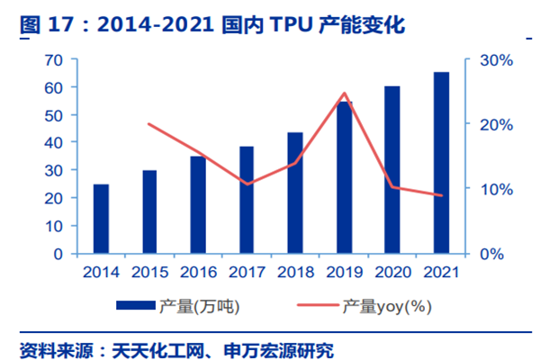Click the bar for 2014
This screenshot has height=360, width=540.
tap(101, 219)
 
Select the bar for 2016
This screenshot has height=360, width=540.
tap(198, 205)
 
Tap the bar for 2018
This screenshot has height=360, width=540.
tap(295, 193)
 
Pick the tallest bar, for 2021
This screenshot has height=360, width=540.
tap(441, 163)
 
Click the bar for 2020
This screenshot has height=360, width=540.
tap(392, 170)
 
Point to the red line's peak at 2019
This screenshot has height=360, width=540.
tap(344, 94)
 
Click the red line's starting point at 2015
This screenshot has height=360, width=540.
tap(149, 124)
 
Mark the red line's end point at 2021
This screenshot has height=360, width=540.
tap(441, 195)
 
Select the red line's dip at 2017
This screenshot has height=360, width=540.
tap(247, 184)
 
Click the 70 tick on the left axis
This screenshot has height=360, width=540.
tap(53, 59)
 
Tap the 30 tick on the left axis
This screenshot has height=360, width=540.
tap(53, 170)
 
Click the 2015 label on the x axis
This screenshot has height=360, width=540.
tap(149, 271)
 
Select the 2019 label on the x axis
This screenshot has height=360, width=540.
tap(344, 271)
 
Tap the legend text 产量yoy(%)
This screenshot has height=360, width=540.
tap(387, 307)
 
